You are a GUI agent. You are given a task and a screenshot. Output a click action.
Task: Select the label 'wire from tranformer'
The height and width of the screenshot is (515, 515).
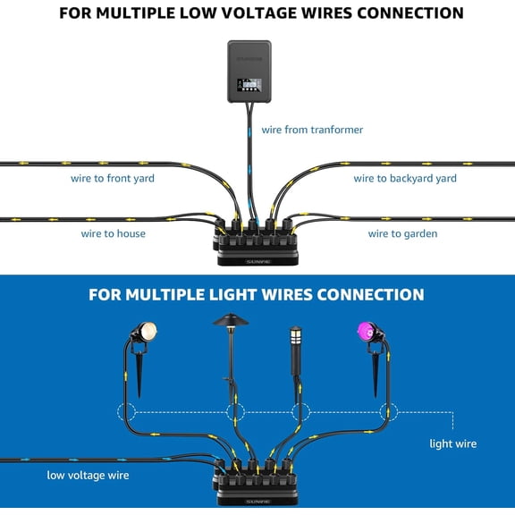312,130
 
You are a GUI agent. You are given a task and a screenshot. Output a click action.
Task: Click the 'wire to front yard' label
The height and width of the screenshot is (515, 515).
113,178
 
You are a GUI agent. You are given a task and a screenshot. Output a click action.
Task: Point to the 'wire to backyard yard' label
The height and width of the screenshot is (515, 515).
405,178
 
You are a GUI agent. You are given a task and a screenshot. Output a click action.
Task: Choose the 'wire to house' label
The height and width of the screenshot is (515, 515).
114,233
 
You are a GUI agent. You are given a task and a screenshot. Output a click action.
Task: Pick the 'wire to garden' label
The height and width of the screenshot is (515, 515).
402,233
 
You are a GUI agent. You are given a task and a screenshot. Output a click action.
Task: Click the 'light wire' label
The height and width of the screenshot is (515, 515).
453,443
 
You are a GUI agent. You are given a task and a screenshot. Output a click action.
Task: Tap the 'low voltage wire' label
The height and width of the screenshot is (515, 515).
88,475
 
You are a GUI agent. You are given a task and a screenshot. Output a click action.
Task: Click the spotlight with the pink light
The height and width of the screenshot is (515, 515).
366,333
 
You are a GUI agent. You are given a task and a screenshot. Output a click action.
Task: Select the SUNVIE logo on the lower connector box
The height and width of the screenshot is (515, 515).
257,502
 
